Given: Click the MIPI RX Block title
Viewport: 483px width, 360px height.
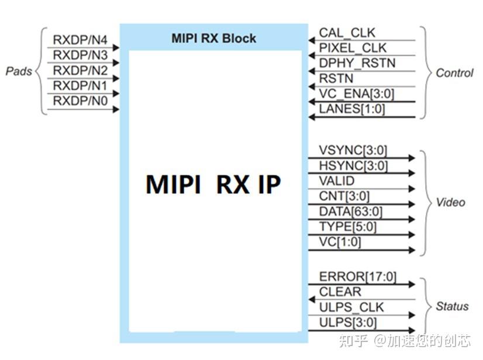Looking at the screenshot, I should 213,39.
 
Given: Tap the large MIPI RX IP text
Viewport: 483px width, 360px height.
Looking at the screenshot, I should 213,185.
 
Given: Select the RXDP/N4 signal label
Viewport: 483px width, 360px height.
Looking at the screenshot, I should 80,40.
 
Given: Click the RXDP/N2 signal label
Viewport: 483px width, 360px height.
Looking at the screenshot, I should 80,71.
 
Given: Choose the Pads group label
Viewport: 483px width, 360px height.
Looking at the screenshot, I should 19,71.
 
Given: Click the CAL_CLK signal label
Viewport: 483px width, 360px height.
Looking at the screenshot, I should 347,33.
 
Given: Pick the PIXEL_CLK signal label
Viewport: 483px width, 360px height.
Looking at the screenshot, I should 353,48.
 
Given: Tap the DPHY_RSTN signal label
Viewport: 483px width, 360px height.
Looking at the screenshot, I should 357,63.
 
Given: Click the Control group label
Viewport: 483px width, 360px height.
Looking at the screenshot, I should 454,73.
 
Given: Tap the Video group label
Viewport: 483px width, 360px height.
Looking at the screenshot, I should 450,203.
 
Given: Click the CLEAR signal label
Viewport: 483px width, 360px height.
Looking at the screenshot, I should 340,292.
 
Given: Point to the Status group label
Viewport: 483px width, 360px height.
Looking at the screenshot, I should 452,306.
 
